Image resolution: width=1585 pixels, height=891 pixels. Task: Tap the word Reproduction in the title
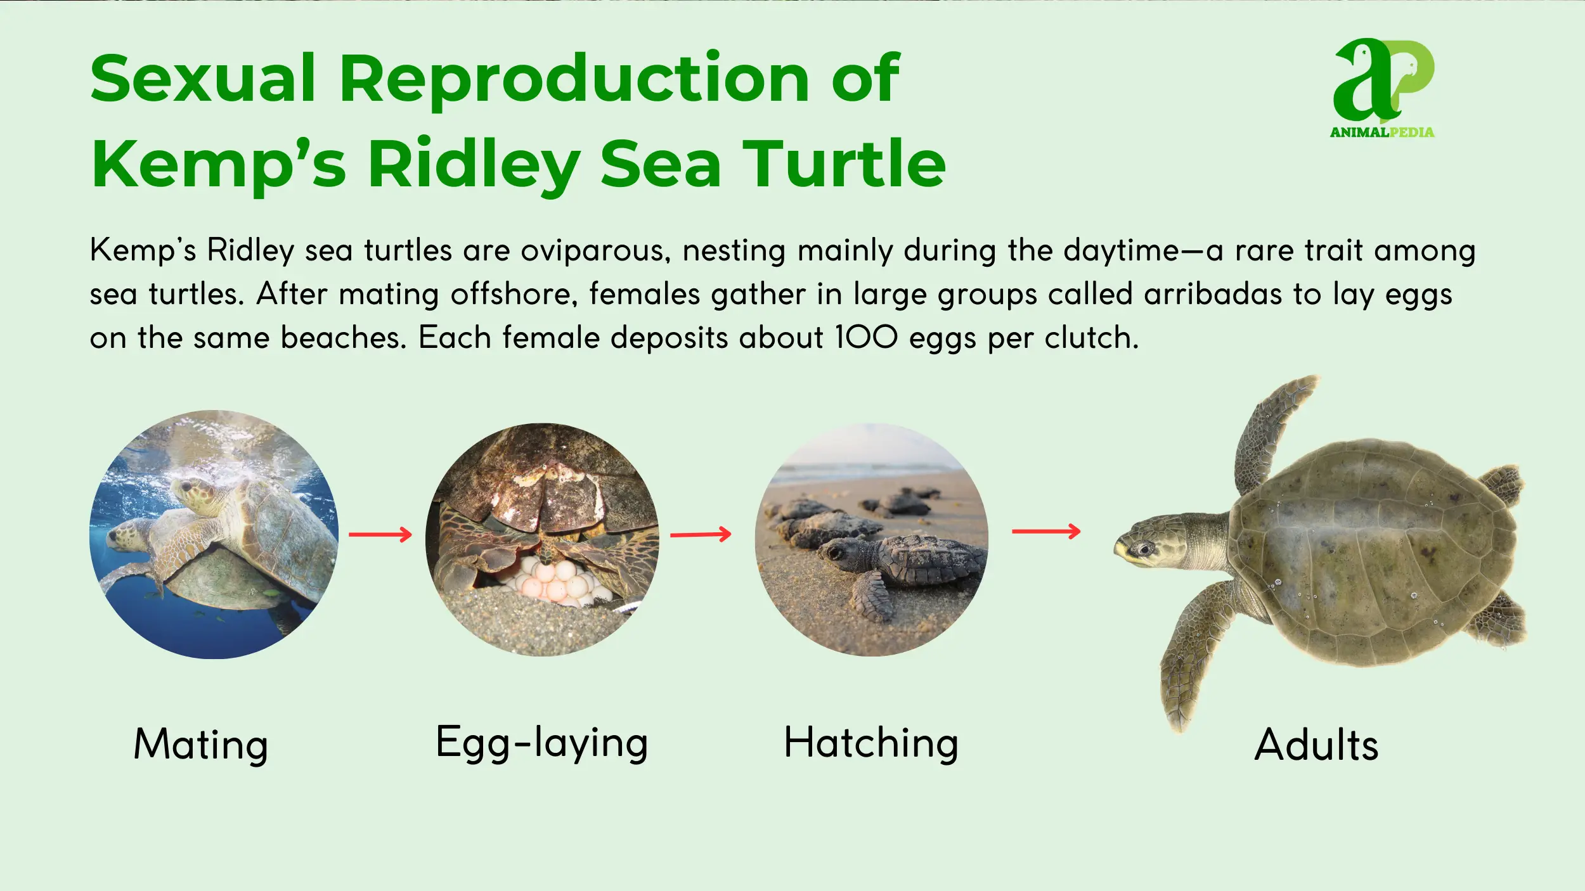click(574, 79)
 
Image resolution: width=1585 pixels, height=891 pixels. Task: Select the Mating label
click(201, 745)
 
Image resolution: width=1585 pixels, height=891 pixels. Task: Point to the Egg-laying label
click(542, 743)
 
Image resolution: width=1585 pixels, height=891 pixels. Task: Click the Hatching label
click(871, 743)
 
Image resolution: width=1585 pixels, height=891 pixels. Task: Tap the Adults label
click(1317, 745)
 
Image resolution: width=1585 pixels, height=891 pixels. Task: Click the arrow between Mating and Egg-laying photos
click(380, 535)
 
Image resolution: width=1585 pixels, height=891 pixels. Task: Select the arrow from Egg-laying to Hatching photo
click(701, 535)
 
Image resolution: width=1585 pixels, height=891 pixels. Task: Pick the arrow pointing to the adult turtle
click(1046, 531)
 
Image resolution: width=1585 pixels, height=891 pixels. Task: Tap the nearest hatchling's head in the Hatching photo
click(839, 549)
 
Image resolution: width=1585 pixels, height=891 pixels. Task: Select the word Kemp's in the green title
click(219, 163)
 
